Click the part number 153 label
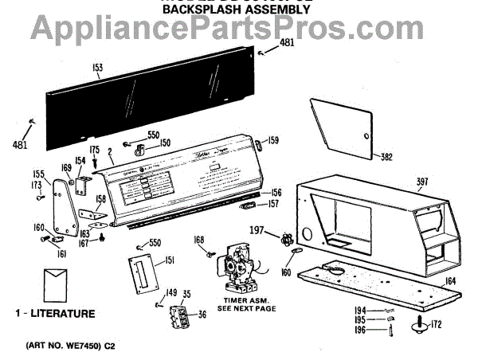click(x=97, y=68)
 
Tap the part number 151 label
click(x=170, y=260)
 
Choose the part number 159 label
click(x=273, y=140)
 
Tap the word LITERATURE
click(x=61, y=314)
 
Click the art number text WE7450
click(x=86, y=348)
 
